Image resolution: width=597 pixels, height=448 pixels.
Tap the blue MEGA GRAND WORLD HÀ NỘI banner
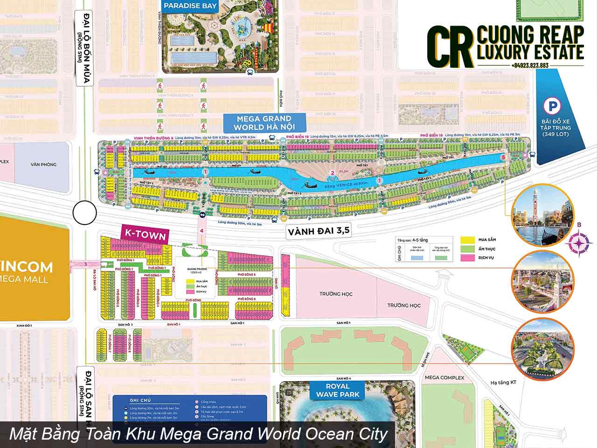point(264,123)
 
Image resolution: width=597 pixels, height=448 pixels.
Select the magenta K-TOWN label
point(144,235)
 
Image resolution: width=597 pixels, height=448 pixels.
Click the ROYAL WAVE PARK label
point(339,390)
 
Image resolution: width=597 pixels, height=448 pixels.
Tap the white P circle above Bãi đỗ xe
point(552,106)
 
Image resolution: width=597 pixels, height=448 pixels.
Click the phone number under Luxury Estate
point(529,65)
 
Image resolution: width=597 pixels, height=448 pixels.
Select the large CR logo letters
point(448,45)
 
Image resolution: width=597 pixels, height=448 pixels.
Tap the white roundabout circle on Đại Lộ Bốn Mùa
point(84,213)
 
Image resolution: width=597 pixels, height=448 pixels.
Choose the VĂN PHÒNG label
point(43,164)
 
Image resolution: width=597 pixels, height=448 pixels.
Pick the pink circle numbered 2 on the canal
point(332,174)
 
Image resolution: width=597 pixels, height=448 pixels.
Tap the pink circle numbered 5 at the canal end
point(503,158)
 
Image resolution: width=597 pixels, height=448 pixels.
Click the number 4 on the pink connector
point(202,231)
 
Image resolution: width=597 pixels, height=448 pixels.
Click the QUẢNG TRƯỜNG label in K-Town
point(196,269)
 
